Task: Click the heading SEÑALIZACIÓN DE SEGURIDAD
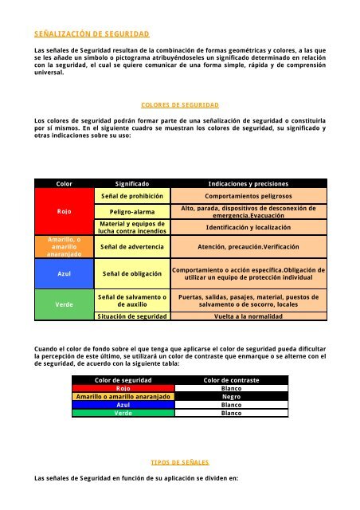tap(87, 36)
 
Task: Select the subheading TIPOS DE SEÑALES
tap(179, 461)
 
